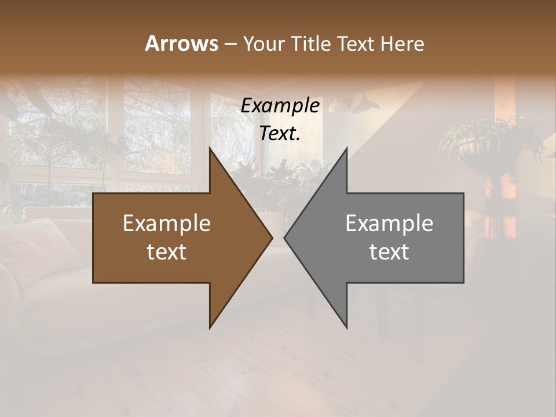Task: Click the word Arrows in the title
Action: (181, 43)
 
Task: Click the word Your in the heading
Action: (262, 44)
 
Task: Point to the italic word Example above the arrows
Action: (280, 106)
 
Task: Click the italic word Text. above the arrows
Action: (280, 134)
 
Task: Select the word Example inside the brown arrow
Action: (166, 223)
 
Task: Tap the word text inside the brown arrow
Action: (166, 252)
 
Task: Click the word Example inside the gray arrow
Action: (389, 223)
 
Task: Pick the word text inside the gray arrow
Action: (389, 252)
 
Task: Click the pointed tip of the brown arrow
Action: (272, 237)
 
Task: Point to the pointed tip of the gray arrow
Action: (285, 237)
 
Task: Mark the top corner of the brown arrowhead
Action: (210, 148)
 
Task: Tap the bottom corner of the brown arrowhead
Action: (210, 327)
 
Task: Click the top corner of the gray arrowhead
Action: (346, 148)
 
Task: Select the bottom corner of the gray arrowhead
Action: (346, 327)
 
